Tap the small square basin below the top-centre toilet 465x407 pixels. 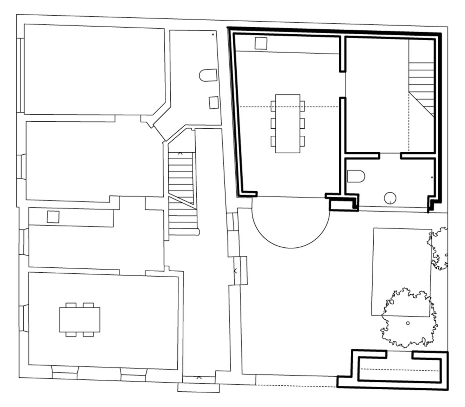(x=214, y=102)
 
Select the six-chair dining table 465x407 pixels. (x=288, y=124)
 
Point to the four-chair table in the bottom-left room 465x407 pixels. (x=80, y=320)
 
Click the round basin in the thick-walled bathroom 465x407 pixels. (x=390, y=198)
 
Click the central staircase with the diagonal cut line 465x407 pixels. (x=181, y=193)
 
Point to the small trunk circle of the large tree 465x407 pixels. (x=408, y=323)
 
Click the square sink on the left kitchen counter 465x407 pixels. (x=53, y=217)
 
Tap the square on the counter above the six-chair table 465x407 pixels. (x=261, y=43)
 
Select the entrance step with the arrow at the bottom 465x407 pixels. (x=199, y=387)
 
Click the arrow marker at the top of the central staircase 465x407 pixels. (x=180, y=154)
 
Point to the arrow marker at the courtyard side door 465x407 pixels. (x=235, y=271)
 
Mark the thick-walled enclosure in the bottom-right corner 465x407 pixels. (x=399, y=370)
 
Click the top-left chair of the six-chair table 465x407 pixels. (x=273, y=106)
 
